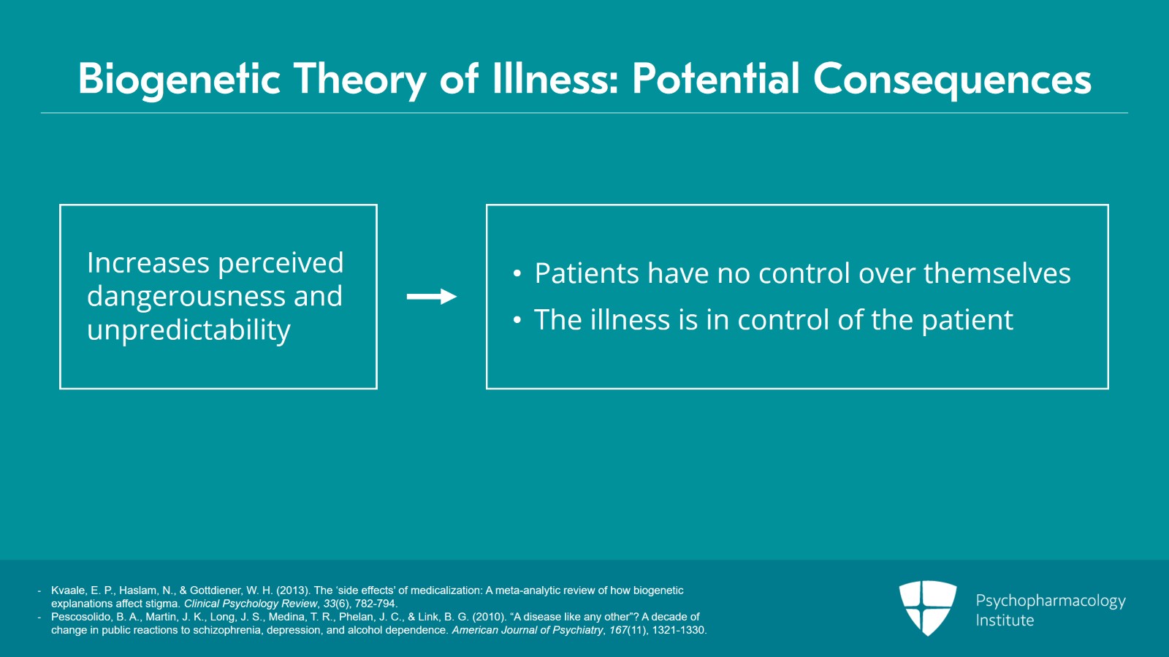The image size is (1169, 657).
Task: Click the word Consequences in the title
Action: click(x=952, y=79)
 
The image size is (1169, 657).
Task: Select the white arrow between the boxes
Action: click(x=431, y=297)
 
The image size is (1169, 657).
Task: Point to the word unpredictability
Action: click(x=189, y=330)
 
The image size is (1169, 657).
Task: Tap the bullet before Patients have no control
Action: click(x=517, y=274)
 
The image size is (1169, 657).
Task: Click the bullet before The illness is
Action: click(x=517, y=321)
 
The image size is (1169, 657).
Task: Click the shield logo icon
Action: click(x=927, y=607)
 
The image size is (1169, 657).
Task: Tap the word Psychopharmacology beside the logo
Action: click(x=1050, y=601)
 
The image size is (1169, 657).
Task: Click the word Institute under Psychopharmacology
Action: click(x=1005, y=620)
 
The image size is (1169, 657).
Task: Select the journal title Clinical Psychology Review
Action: click(x=251, y=604)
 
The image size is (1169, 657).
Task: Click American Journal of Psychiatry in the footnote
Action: click(x=527, y=630)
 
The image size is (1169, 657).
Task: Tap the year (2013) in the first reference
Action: click(x=293, y=590)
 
